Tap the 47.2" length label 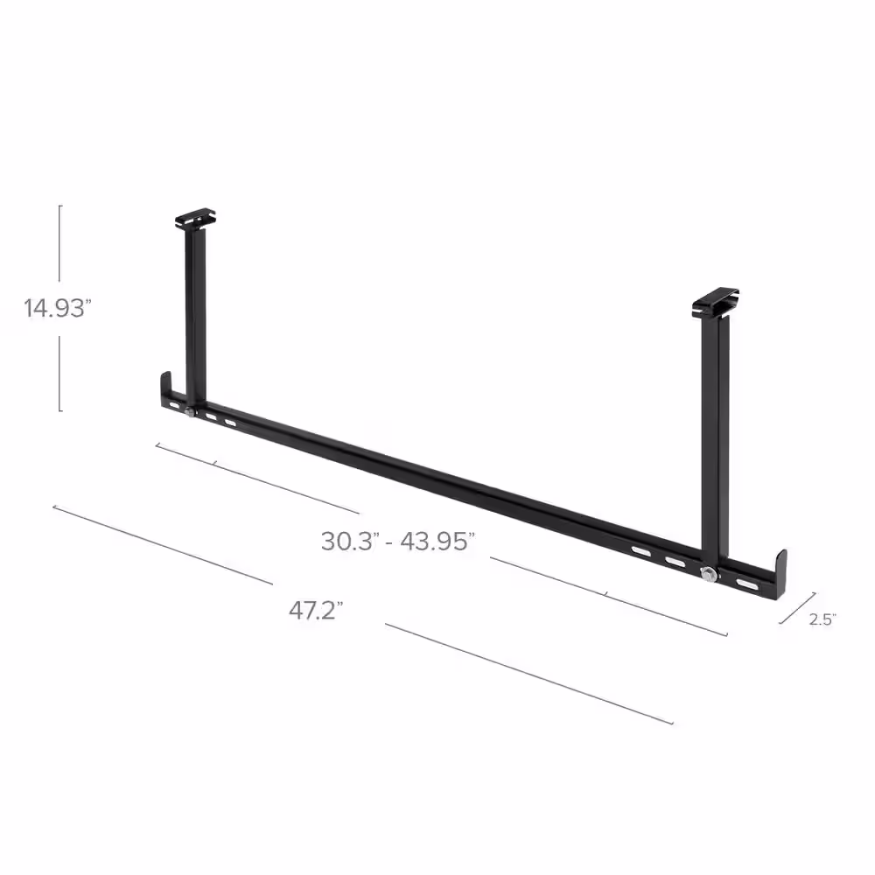click(x=315, y=611)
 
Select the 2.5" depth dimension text click(x=822, y=619)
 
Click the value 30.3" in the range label click(x=348, y=541)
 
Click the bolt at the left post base click(x=190, y=411)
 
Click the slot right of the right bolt click(x=746, y=584)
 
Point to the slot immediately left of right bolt click(x=675, y=562)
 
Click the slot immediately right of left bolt click(x=211, y=417)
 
